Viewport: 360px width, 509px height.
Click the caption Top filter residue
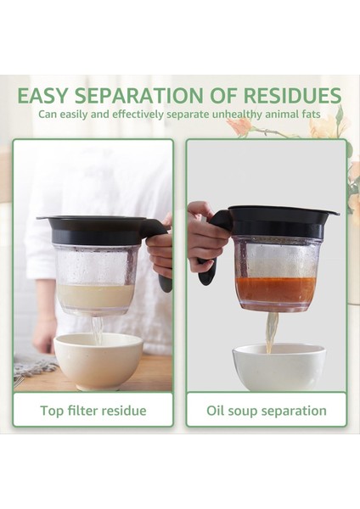coord(93,411)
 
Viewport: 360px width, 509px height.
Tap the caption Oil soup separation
coord(267,411)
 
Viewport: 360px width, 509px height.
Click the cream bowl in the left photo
coord(98,360)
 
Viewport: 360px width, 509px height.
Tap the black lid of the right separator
coord(280,219)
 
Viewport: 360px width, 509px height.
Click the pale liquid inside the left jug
coord(96,297)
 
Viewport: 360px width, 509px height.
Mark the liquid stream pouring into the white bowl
coord(271,332)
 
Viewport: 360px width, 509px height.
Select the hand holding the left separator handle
coord(160,250)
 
